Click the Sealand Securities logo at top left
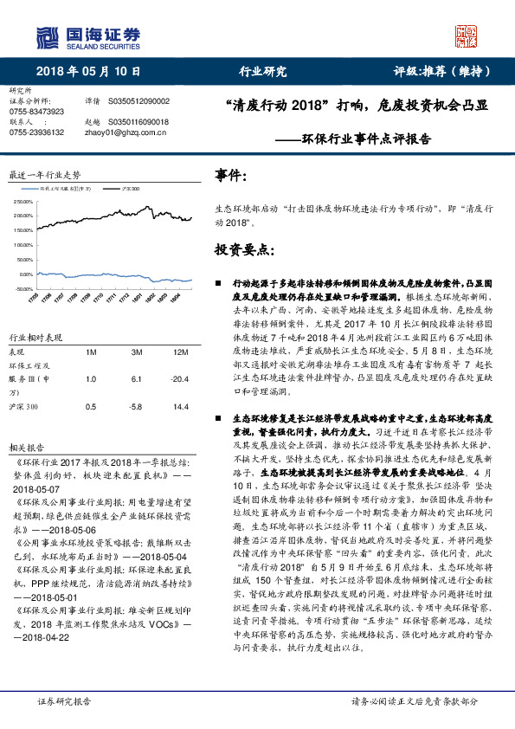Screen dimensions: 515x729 (x=87, y=35)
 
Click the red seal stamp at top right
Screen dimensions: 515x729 (x=468, y=35)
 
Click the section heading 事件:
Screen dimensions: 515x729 (x=231, y=177)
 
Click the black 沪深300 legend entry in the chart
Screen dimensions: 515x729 (x=126, y=187)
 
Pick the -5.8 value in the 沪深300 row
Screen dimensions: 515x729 (x=137, y=406)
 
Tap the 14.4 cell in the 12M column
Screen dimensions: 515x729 (x=181, y=406)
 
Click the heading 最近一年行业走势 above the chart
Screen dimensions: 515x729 (x=43, y=174)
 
